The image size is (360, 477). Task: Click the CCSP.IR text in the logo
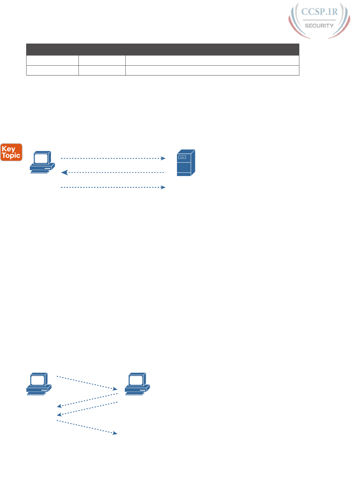[319, 12]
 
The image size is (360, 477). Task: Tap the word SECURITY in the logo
[319, 26]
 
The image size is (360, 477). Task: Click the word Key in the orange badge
[8, 149]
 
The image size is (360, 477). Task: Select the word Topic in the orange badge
[11, 155]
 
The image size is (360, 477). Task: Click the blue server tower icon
[186, 163]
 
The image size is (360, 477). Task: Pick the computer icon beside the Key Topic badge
[42, 162]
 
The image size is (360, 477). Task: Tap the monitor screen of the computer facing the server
[41, 158]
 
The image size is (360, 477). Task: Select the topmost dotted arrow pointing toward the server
[113, 158]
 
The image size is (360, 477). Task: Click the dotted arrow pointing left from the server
[113, 172]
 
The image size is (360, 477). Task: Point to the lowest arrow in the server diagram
[113, 187]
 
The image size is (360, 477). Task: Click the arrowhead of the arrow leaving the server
[64, 172]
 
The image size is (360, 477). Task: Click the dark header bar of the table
[162, 49]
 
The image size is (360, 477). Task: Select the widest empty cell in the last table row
[212, 70]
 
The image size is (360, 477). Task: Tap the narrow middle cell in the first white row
[102, 60]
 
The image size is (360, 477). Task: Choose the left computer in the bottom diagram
[39, 384]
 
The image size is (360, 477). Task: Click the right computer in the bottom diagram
[137, 384]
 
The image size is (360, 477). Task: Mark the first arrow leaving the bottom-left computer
[87, 383]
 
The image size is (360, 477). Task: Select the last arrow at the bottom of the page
[87, 427]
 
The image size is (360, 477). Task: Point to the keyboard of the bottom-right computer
[135, 393]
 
